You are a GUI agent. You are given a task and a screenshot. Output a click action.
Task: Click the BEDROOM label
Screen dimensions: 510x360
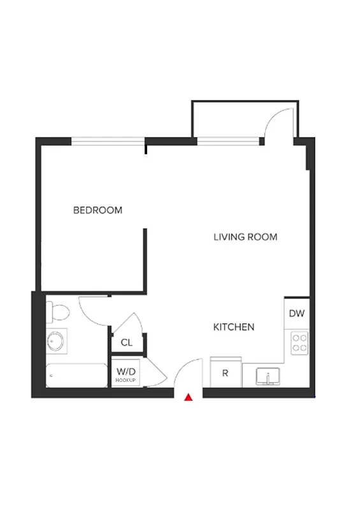97,210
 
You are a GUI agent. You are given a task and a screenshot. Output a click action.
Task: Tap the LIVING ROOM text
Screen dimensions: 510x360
245,237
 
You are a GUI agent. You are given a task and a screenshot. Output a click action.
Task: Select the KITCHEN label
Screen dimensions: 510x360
233,327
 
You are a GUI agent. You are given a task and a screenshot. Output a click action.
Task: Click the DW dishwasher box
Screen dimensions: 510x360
296,314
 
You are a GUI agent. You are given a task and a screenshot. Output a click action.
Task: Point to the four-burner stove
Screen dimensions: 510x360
299,344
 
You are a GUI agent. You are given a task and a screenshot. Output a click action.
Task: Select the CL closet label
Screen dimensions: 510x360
127,342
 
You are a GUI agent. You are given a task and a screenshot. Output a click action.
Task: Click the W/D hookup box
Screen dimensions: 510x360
127,372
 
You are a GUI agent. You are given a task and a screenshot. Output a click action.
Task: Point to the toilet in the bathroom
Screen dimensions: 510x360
58,312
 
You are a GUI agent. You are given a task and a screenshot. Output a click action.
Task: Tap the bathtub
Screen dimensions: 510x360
76,375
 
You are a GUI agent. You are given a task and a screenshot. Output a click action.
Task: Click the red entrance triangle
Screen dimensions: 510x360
189,398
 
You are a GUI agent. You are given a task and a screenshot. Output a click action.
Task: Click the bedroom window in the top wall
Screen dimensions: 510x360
108,141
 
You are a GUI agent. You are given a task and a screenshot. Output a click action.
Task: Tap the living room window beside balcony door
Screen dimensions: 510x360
229,141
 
